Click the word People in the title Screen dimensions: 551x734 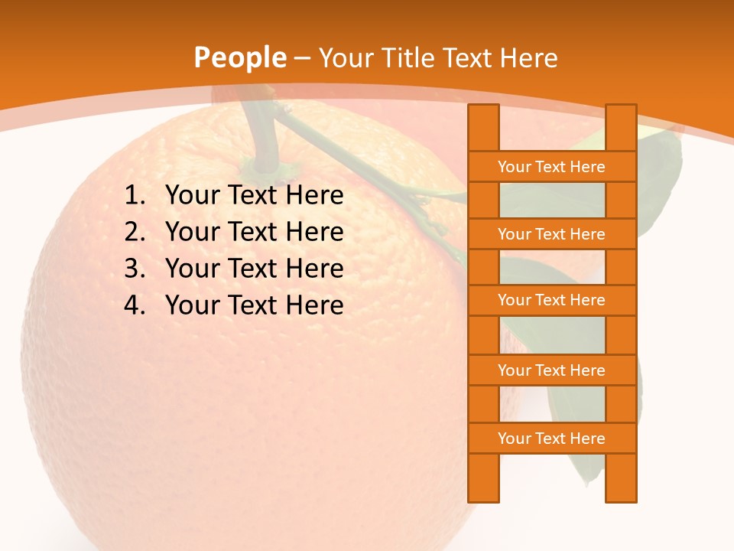pos(240,58)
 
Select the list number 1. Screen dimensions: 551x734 pos(134,196)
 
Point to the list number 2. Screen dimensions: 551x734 pos(134,232)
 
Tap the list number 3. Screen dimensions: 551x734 pos(134,269)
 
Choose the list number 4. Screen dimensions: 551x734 pos(134,305)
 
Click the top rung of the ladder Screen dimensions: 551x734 pos(551,167)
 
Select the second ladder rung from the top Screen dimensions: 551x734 pos(551,234)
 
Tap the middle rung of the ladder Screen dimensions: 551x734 pos(551,301)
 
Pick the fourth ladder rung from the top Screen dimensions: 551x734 pos(551,370)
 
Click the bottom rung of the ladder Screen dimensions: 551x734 pos(551,439)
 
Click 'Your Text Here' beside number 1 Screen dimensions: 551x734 pos(254,196)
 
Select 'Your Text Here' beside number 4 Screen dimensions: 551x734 pos(254,305)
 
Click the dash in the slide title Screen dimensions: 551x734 pos(302,58)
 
